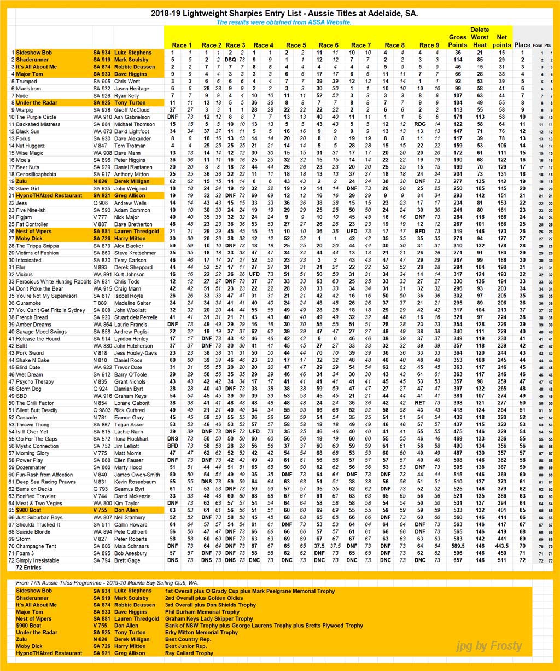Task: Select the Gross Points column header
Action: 457,41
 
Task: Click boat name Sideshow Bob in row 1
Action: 34,52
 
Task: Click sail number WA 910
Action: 102,117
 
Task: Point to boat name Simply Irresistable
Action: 38,560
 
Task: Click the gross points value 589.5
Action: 457,546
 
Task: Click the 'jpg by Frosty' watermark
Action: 488,646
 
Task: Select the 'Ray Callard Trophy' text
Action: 189,653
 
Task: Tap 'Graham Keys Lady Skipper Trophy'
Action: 208,619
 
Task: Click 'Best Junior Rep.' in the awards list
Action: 185,646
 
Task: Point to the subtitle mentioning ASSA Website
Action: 283,22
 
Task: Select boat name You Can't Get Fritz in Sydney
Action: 50,310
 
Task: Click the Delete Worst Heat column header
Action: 479,37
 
